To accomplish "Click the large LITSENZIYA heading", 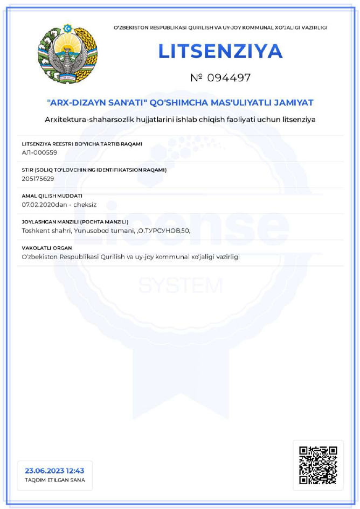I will click(220, 51).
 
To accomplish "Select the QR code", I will click(318, 464).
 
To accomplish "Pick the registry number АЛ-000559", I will click(39, 152).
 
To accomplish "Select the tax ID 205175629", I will click(38, 178).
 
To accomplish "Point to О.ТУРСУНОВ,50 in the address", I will click(164, 231).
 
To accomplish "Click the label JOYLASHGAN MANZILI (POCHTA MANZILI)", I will click(75, 222).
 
